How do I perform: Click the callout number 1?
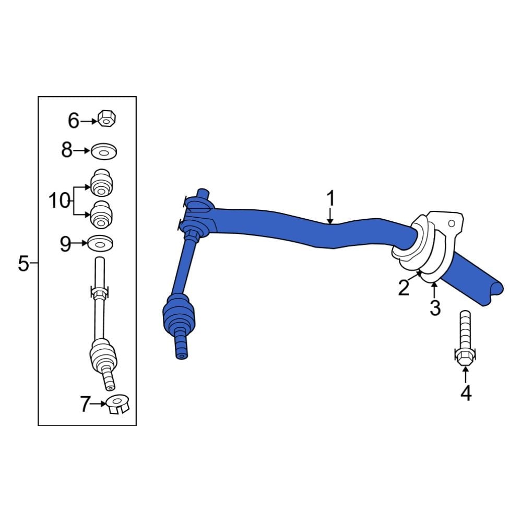pos(330,199)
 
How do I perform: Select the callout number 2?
pos(404,288)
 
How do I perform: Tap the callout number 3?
pos(435,308)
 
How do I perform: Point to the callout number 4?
pos(466,393)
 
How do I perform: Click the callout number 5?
pos(23,264)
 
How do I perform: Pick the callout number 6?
pos(74,121)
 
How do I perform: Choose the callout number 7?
pos(85,405)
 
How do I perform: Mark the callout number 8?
pos(67,150)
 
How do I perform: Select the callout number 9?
pos(65,244)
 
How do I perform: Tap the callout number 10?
pos(59,200)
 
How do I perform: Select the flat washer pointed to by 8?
pos(104,152)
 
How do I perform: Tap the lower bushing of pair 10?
pos(102,213)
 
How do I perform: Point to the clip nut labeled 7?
pos(117,404)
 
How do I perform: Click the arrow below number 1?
pos(330,217)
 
